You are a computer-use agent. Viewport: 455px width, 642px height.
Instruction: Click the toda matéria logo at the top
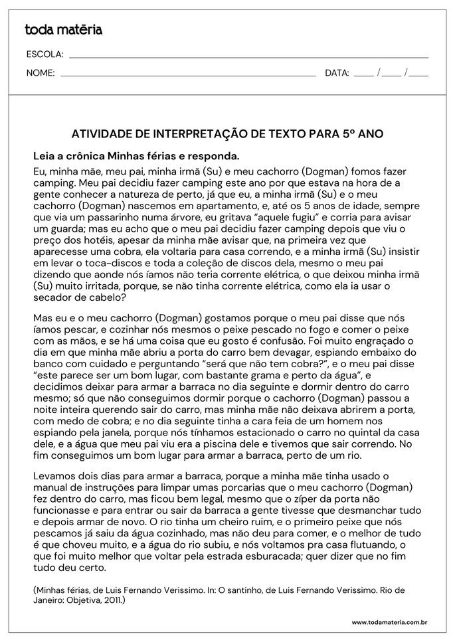(x=63, y=29)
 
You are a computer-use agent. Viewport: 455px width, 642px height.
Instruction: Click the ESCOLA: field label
(x=45, y=54)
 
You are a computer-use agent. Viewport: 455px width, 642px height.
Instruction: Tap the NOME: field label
(x=41, y=73)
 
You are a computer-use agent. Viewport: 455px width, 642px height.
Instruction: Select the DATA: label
(x=337, y=73)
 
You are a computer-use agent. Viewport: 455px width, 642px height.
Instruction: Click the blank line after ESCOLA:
(x=248, y=56)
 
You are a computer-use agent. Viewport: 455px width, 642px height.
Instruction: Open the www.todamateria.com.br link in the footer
(x=389, y=622)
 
